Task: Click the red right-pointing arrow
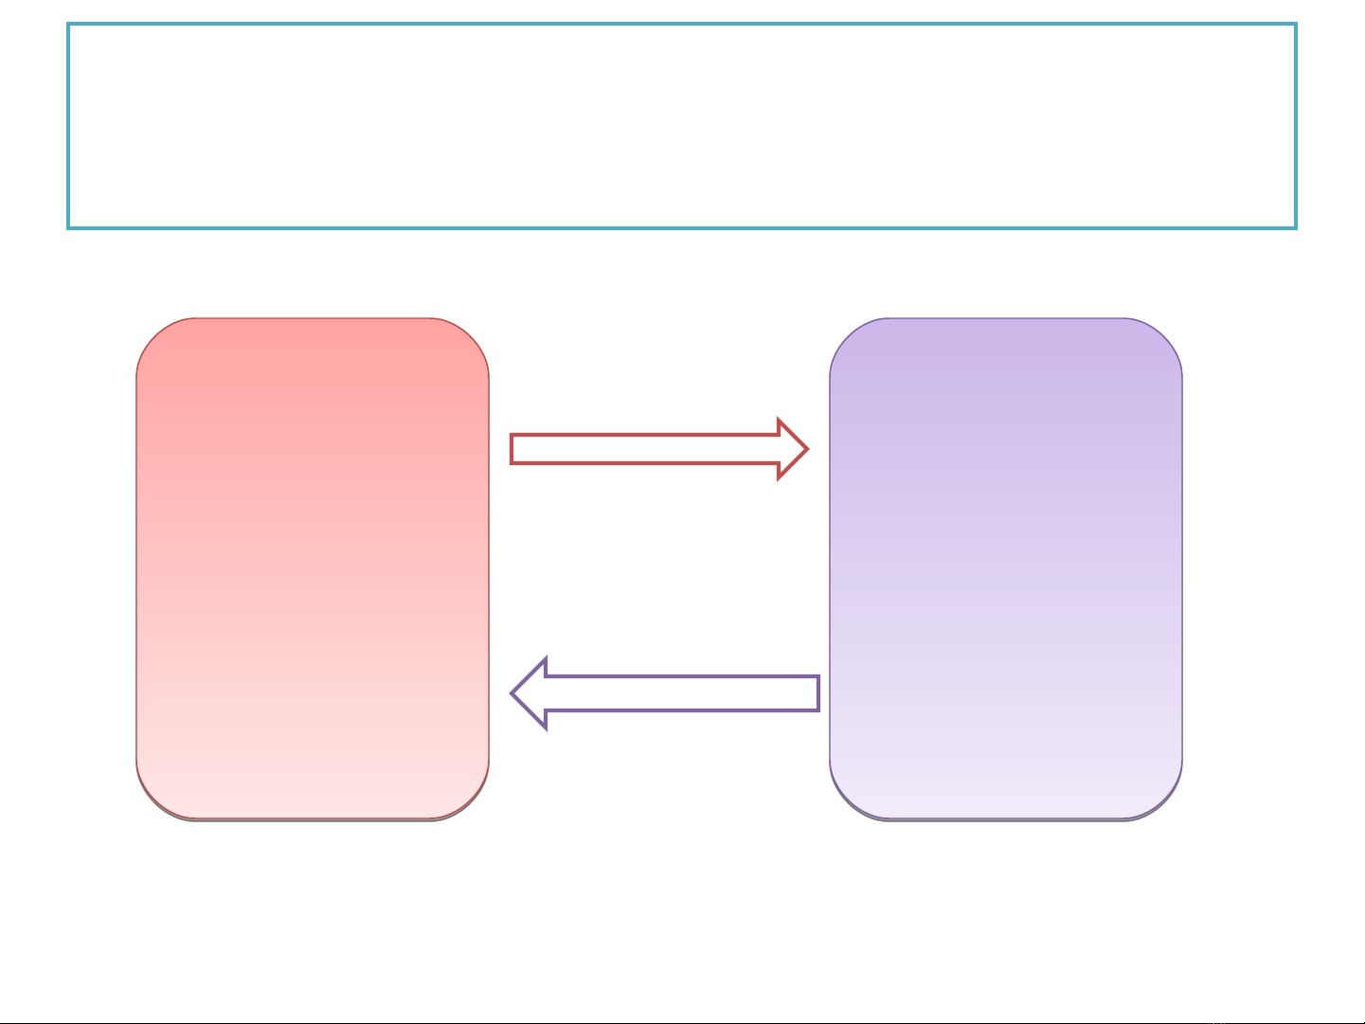point(654,449)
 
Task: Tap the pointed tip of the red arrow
point(806,449)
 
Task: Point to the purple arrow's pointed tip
point(513,693)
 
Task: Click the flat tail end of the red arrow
point(512,449)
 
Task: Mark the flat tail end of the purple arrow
point(817,693)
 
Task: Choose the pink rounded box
point(313,568)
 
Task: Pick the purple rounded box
point(1006,568)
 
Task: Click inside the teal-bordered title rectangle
point(682,126)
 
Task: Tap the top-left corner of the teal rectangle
point(68,26)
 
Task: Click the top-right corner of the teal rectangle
point(1295,26)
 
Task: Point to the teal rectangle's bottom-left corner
point(68,227)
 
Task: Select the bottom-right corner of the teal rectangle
point(1295,227)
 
